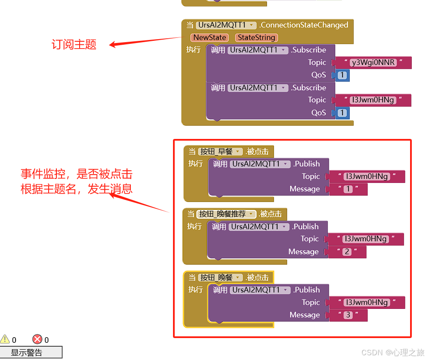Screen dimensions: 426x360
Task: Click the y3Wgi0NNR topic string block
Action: point(373,63)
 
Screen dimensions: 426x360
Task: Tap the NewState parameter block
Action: point(210,38)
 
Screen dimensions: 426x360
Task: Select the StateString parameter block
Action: point(256,38)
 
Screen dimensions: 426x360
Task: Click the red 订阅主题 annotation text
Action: point(74,44)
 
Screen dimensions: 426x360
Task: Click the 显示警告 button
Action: point(31,352)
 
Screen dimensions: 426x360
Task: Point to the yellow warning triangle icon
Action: point(5,339)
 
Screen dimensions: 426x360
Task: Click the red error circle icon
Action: point(37,339)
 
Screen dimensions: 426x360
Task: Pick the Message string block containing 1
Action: point(348,189)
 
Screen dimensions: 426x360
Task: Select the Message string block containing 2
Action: point(347,252)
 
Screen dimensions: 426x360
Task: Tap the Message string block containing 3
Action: point(348,315)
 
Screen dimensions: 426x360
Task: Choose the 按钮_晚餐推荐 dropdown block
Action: point(227,214)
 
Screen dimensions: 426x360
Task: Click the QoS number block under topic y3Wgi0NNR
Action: point(342,76)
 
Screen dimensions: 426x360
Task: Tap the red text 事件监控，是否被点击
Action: point(77,174)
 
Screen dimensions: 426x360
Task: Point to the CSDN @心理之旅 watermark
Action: point(392,352)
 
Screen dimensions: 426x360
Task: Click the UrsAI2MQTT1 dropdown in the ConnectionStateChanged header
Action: point(226,25)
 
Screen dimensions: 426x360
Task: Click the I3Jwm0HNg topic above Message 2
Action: point(366,239)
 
